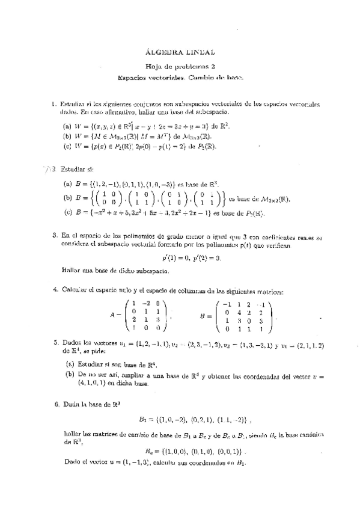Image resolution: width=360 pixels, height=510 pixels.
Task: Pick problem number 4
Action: pyautogui.click(x=54, y=292)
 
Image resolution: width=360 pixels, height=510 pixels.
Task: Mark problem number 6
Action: pyautogui.click(x=54, y=405)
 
